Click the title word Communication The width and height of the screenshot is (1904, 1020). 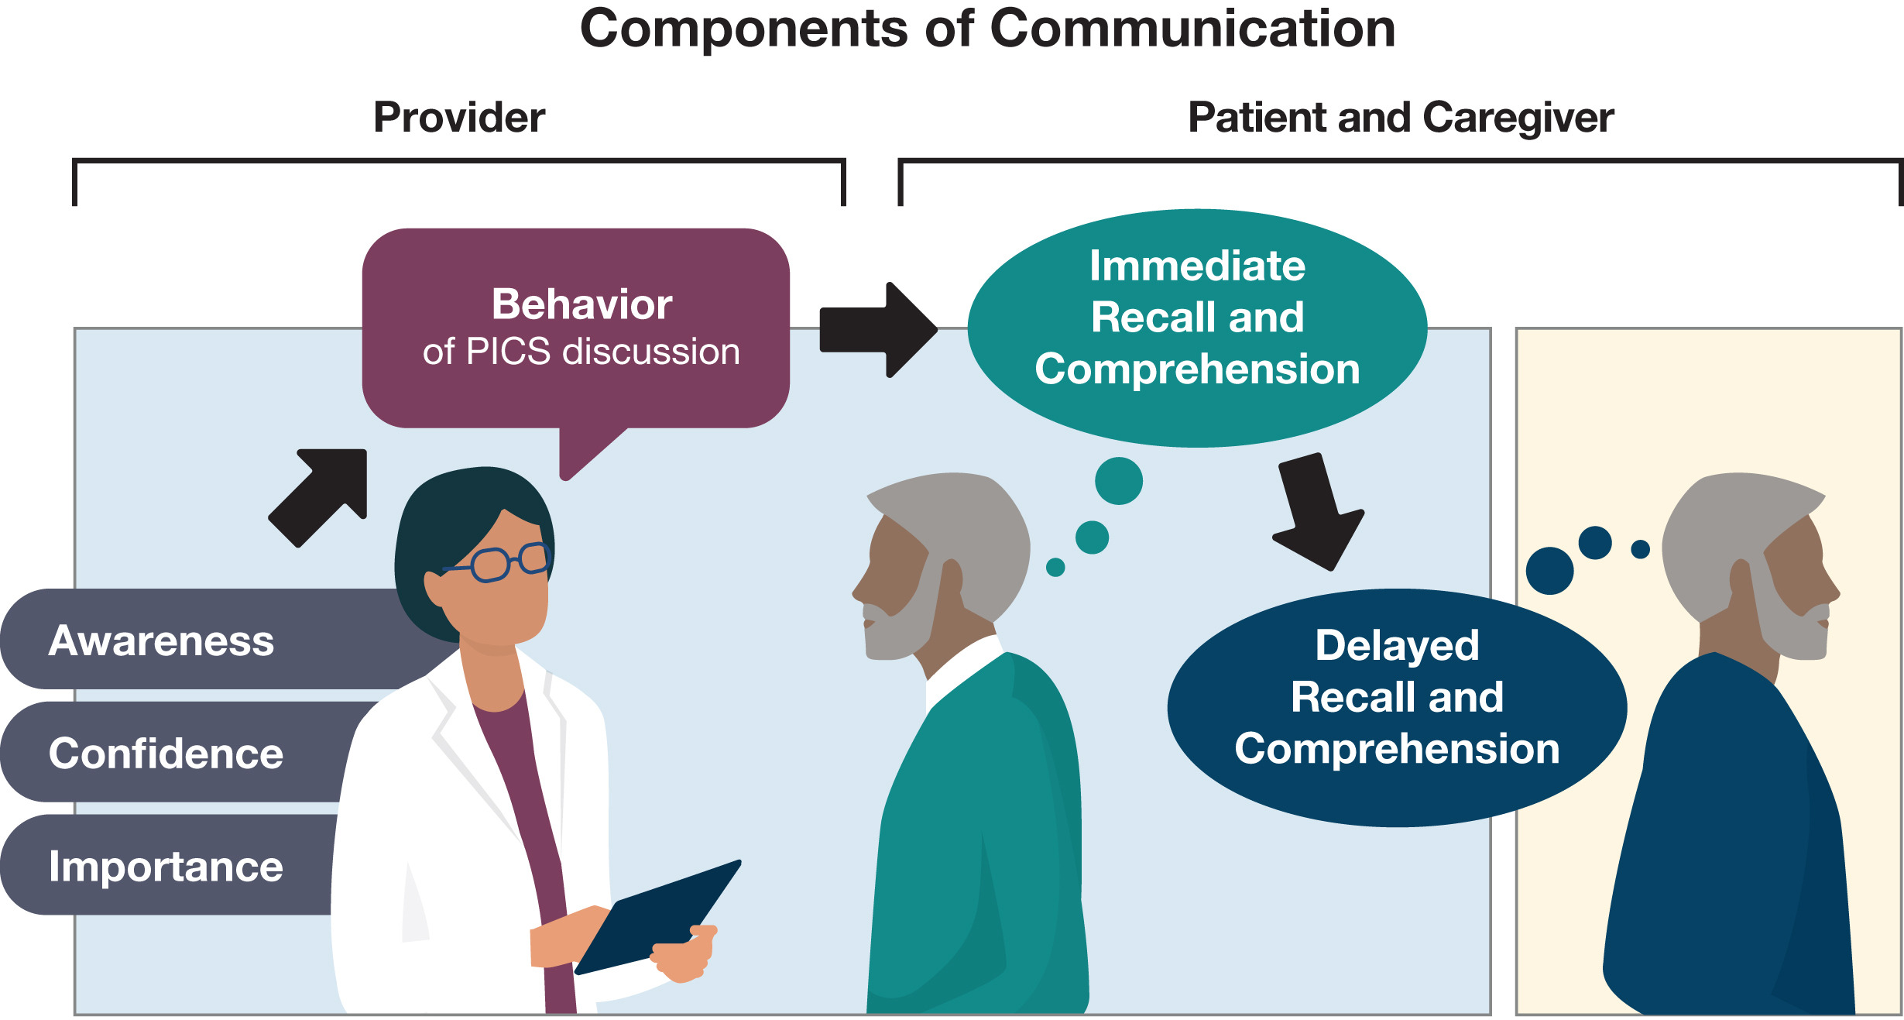(1192, 29)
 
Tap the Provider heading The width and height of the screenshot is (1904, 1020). (459, 118)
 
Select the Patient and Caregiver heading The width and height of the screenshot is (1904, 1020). (1401, 118)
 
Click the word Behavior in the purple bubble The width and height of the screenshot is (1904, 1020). (581, 304)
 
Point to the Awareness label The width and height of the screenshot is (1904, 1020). (161, 641)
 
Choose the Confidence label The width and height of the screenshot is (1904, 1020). (166, 754)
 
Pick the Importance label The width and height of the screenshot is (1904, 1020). (166, 866)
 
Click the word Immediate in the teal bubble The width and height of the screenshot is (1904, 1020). (1197, 266)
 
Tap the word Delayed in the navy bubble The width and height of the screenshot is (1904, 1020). (1397, 645)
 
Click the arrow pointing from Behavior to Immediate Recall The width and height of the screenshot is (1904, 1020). (879, 330)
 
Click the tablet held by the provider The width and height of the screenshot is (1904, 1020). (658, 918)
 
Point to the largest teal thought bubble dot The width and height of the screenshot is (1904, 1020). (1118, 481)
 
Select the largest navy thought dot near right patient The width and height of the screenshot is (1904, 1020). (1549, 571)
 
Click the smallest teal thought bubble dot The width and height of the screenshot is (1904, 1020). (1055, 568)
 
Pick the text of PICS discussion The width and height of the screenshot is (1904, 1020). (581, 352)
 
